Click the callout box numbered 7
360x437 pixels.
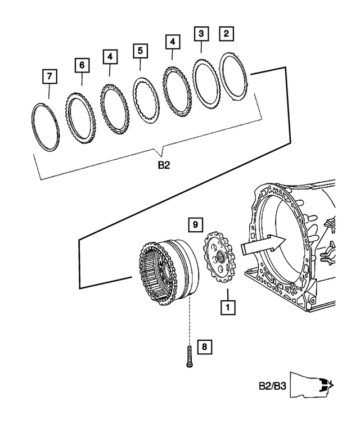coord(49,75)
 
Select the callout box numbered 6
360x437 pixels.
coord(82,66)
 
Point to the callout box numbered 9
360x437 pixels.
coord(194,225)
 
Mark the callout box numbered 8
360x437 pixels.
coord(205,347)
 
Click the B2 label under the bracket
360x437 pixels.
coord(163,166)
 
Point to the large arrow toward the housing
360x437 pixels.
coord(262,245)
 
